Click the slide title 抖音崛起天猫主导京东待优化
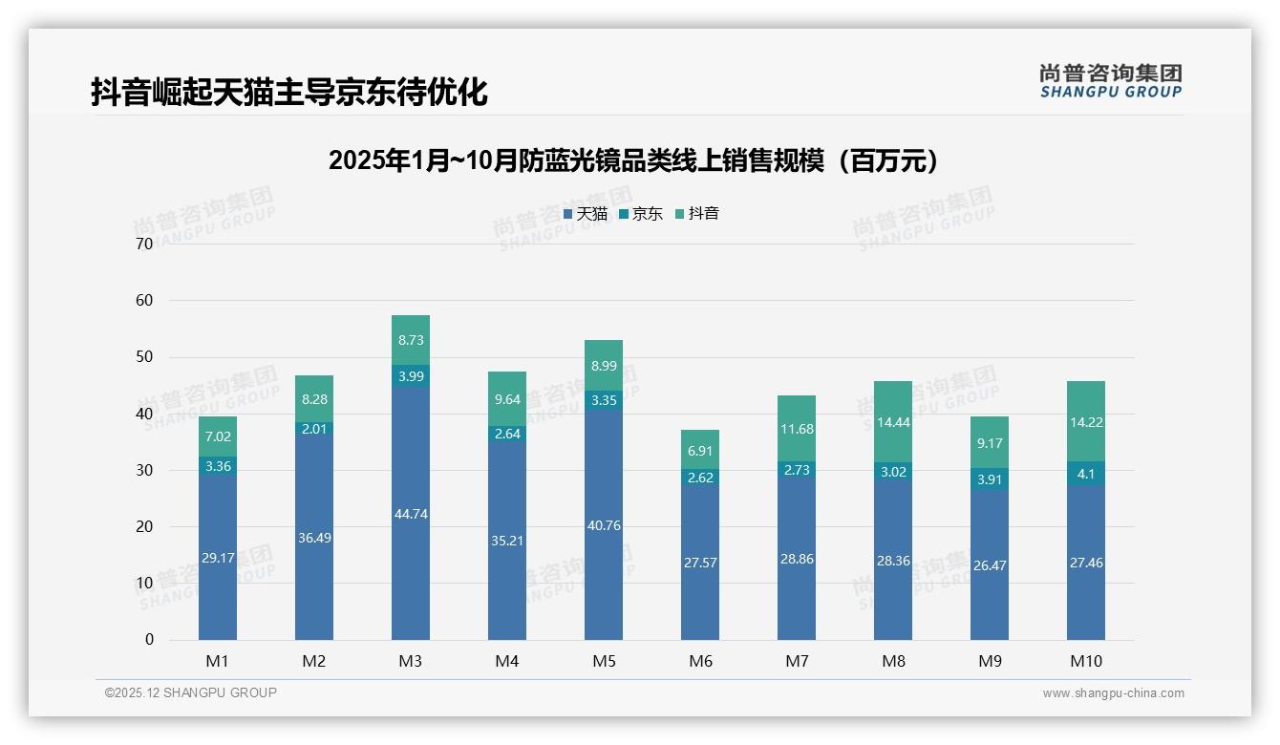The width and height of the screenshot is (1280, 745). (289, 92)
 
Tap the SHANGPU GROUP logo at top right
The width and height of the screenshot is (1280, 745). (1111, 81)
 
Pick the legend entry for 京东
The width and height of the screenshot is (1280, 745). (640, 213)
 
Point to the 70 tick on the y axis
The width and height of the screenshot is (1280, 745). (144, 245)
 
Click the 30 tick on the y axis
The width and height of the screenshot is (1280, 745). (144, 470)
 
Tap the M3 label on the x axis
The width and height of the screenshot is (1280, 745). (411, 661)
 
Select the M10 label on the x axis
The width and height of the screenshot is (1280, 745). (1086, 661)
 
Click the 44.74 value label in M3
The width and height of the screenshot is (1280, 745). (411, 514)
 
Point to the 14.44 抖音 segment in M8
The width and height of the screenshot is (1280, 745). (893, 421)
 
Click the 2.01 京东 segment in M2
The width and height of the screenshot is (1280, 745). (314, 429)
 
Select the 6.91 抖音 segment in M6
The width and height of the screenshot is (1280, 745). (700, 449)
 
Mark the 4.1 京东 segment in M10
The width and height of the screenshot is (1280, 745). (1086, 473)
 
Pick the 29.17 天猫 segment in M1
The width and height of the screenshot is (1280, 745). (218, 557)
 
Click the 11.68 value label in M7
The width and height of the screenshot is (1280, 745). (797, 429)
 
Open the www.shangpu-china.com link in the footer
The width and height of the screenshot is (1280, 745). (1113, 693)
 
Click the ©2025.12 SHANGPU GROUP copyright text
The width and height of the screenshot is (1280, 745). (191, 692)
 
